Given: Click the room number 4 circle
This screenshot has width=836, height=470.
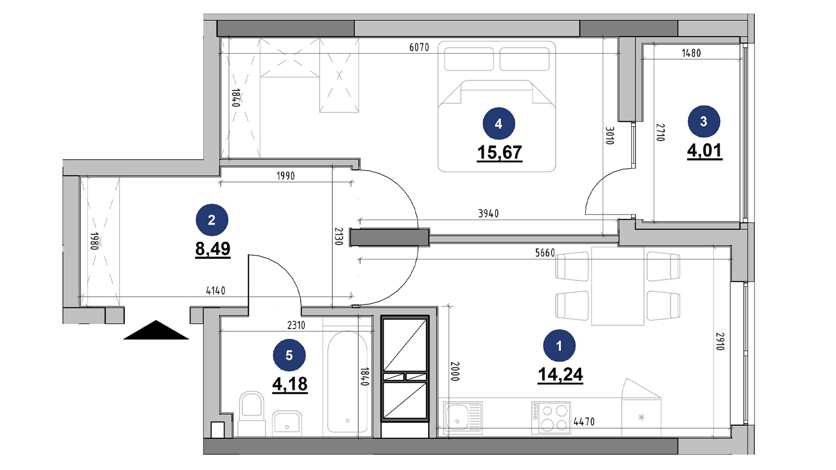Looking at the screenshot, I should point(499,124).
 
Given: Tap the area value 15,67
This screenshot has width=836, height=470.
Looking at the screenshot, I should point(499,153).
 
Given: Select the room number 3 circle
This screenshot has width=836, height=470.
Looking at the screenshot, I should point(704,121).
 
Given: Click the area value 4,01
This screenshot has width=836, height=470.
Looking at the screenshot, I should point(705,151).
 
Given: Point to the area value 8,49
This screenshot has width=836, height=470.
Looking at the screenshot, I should point(212,249).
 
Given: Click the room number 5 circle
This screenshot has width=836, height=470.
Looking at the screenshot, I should point(289,356).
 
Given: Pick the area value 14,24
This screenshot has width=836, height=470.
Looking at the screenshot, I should point(560,375).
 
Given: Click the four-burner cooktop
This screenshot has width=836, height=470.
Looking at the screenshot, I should point(551,417).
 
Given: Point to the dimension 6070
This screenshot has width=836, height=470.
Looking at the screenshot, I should point(419,47).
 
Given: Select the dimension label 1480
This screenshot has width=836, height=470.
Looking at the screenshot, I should point(691,53).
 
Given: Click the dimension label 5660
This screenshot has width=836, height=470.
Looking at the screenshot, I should point(545,253).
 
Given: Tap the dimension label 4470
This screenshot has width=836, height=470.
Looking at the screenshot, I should point(584,422).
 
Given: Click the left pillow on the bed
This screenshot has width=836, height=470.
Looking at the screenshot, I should point(469,59).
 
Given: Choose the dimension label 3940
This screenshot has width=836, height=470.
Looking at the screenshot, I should point(488,214).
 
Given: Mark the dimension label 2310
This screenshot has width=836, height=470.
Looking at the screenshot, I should point(296,325).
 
